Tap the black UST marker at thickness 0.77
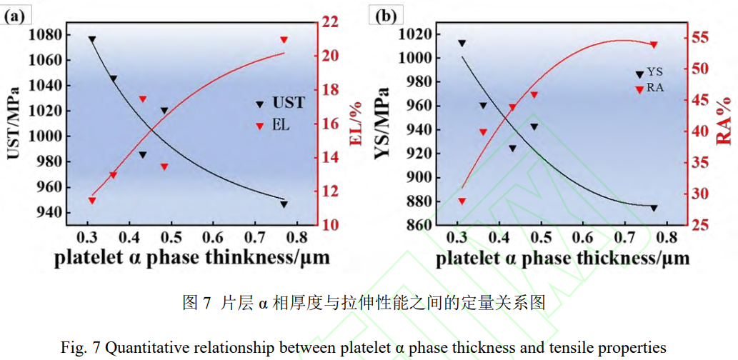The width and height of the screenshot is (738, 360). (x=284, y=204)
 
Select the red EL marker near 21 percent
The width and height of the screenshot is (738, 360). (x=284, y=40)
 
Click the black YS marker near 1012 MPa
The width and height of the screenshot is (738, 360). (x=462, y=44)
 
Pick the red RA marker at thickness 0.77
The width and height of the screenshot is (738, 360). (x=654, y=45)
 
